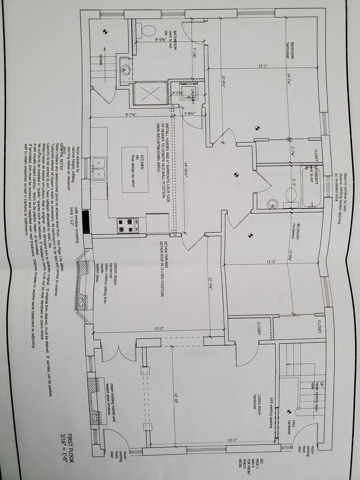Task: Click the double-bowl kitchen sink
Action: point(99,167)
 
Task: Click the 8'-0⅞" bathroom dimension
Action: point(158,38)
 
